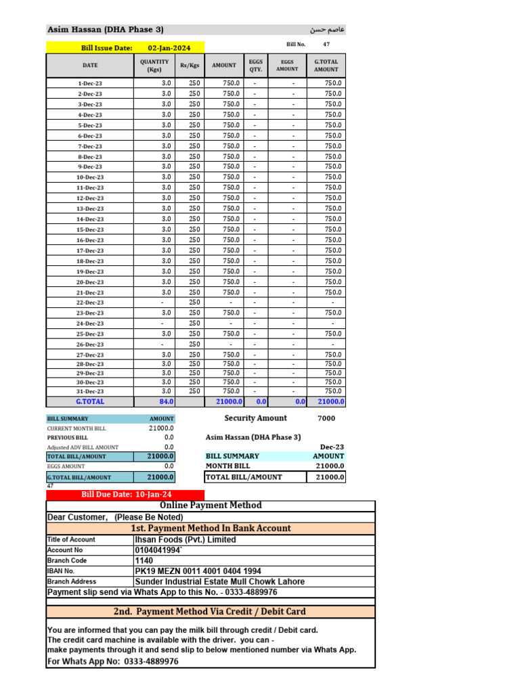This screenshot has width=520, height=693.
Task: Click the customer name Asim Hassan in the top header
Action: (105, 30)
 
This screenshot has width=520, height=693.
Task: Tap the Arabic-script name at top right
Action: (327, 30)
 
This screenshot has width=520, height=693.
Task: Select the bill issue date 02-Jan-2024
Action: (169, 48)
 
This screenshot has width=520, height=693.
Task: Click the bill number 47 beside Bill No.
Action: (326, 44)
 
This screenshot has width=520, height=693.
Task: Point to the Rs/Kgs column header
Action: (190, 66)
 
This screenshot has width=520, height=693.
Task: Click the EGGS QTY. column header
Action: (255, 66)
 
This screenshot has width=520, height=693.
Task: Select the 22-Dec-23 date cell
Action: (90, 303)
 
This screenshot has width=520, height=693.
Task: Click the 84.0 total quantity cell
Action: (166, 401)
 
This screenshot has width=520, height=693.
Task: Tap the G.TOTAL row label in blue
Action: (90, 401)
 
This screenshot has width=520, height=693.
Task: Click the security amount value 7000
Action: (326, 418)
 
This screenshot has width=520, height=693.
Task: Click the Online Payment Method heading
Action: (210, 506)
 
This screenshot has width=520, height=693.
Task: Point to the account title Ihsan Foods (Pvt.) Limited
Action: (186, 539)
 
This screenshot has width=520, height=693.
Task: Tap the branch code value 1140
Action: (145, 560)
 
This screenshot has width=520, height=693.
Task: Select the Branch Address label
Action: (71, 581)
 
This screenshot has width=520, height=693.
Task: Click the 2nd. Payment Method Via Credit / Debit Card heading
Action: (210, 612)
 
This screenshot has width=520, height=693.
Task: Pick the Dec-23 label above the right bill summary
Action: (332, 447)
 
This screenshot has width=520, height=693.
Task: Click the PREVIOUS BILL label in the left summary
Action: (68, 438)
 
